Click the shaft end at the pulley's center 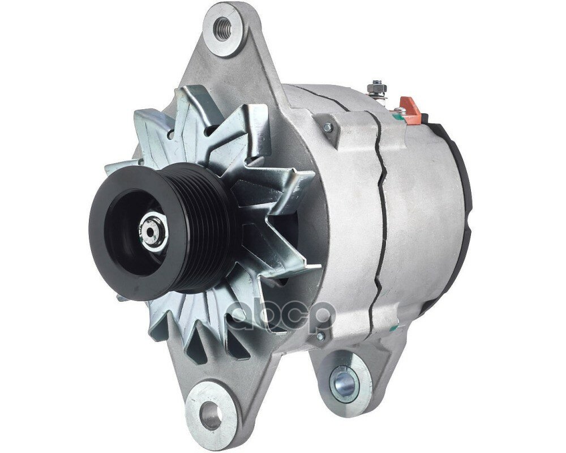click(151, 229)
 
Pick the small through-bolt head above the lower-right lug click(321, 337)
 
